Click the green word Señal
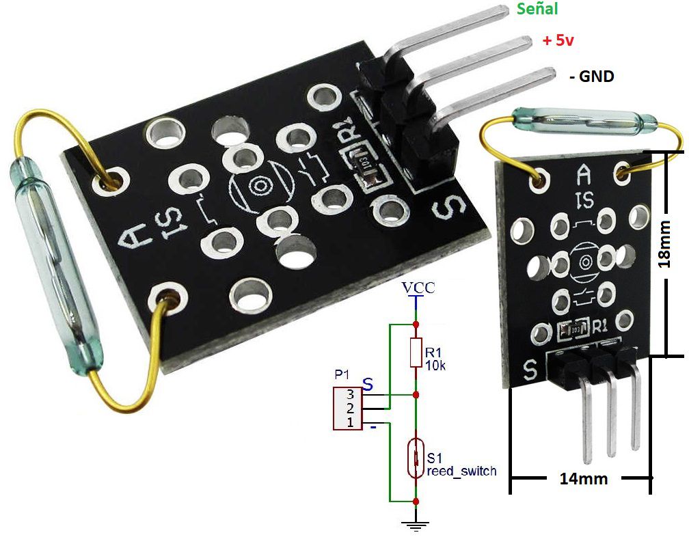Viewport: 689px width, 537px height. tap(537, 10)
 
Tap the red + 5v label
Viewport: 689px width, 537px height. tap(558, 40)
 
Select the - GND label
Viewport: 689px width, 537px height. tap(591, 77)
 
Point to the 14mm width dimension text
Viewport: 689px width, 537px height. tap(583, 478)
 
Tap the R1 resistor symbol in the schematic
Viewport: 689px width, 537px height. tap(416, 351)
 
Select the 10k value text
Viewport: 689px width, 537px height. tap(435, 366)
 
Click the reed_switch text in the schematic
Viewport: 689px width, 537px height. tap(461, 471)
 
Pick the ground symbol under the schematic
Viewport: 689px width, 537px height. tap(416, 525)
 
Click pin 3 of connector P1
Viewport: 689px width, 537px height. tap(350, 394)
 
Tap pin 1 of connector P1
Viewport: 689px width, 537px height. tap(350, 423)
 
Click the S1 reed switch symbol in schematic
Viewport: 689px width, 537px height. tap(416, 459)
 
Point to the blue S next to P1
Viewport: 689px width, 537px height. tap(368, 385)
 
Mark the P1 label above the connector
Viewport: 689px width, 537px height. tap(342, 375)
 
